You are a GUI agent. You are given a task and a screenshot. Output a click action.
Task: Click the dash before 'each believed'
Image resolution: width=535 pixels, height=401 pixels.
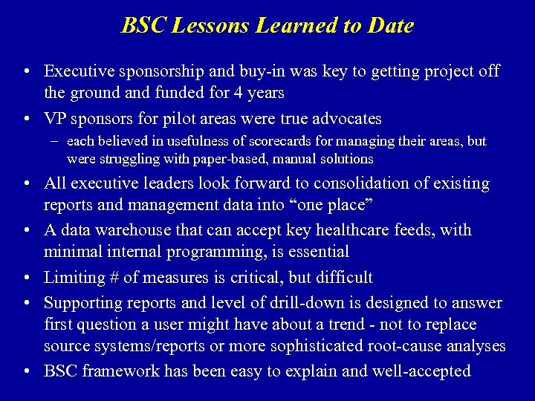(56, 141)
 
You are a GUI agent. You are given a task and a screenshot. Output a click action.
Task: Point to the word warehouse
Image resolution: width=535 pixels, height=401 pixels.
(155, 230)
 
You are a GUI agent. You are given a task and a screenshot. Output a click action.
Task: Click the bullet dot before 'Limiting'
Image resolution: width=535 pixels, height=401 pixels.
(27, 278)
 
